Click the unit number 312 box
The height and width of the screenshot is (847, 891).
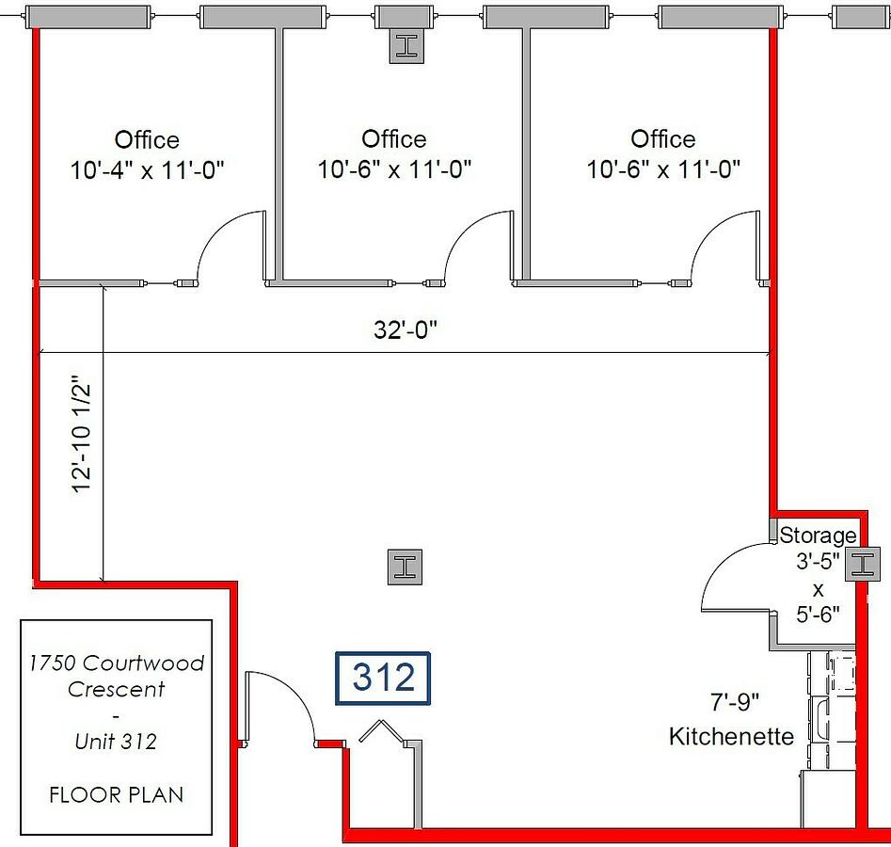point(382,679)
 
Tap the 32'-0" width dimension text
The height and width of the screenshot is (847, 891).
point(406,329)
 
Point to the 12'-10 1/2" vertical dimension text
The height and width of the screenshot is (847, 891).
point(81,433)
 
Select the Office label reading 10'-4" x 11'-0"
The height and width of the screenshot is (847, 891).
point(147,154)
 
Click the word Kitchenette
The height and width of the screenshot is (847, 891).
point(731,736)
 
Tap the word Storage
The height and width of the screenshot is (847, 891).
point(818,535)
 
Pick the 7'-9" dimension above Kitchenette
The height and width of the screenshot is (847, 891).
point(735,702)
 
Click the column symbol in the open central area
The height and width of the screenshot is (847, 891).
point(405,567)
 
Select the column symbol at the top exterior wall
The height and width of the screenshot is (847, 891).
point(406,45)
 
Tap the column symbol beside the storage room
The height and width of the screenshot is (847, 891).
point(863,565)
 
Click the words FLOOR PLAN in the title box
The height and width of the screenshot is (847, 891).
point(117,794)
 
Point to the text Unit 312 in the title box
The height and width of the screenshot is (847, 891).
point(116,742)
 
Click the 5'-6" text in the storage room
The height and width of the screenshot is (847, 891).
point(818,614)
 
